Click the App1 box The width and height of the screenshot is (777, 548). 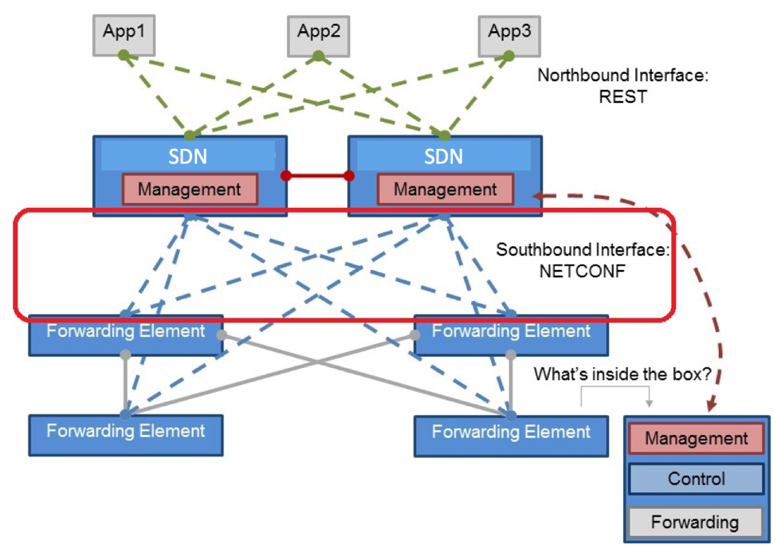(124, 35)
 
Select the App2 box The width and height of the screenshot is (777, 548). (319, 36)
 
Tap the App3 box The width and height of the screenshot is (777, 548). (509, 36)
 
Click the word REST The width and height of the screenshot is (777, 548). (623, 96)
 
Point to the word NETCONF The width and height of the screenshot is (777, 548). (583, 272)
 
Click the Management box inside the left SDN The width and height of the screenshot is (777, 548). (190, 189)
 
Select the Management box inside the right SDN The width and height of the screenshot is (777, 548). (445, 189)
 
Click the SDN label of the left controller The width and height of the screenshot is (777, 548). (188, 157)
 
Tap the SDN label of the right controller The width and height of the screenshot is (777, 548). (444, 157)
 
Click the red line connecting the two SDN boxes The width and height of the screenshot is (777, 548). (318, 175)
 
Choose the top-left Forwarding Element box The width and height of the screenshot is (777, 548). (126, 335)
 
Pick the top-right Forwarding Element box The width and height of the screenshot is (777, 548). (511, 335)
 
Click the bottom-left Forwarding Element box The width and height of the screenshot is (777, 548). (126, 435)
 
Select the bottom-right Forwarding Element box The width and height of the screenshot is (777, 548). (511, 436)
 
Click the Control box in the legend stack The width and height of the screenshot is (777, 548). (697, 479)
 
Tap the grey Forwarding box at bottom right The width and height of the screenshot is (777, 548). (695, 522)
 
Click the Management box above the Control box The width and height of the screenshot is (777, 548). (697, 438)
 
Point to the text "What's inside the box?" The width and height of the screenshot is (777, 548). (622, 374)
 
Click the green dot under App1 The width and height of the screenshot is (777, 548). (124, 55)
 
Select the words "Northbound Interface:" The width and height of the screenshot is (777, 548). (623, 76)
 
